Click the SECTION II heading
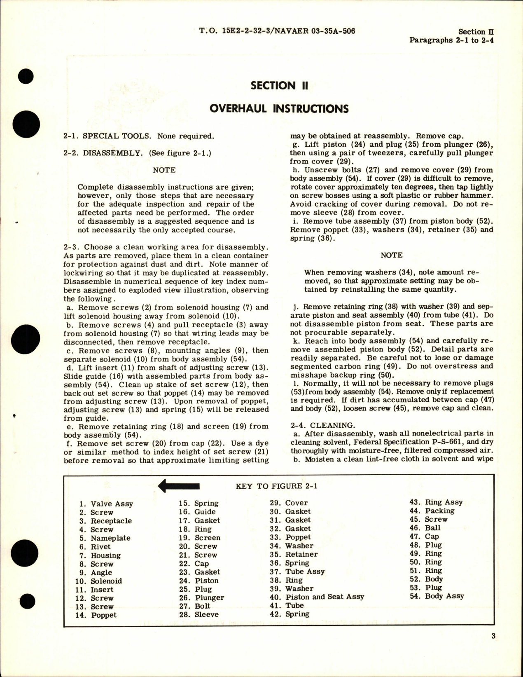coord(279,86)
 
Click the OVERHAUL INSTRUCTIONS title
coord(279,109)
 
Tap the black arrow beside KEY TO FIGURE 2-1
coord(179,486)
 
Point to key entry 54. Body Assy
coord(437,596)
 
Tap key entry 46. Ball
coord(425,528)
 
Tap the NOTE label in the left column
coord(164,170)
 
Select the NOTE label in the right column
coord(391,255)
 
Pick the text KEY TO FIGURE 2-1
coord(276,486)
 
